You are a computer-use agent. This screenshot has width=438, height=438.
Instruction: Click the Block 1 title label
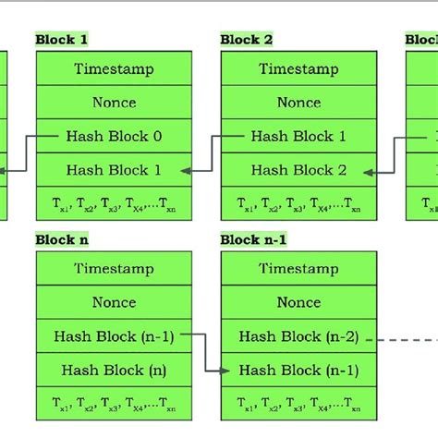(x=61, y=40)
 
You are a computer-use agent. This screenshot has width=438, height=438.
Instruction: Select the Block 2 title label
(x=246, y=40)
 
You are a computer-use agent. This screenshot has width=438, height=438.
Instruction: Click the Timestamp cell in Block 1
(x=114, y=68)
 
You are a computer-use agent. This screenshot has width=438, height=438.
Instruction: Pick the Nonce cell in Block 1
(x=114, y=103)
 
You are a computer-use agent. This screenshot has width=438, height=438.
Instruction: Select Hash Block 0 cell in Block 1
(x=114, y=136)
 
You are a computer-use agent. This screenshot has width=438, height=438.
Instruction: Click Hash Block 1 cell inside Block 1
(x=114, y=170)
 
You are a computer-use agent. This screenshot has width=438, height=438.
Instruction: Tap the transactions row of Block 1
(x=114, y=204)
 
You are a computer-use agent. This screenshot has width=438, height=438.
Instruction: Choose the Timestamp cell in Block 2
(x=298, y=68)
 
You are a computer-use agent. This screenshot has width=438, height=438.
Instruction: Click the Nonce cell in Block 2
(x=298, y=103)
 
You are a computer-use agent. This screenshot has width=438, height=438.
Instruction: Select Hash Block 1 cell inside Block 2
(x=298, y=136)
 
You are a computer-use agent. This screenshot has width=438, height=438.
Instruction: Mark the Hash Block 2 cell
(x=298, y=170)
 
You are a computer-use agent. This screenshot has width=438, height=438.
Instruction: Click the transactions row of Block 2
(x=298, y=204)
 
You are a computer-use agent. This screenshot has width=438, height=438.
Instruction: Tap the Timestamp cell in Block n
(x=114, y=269)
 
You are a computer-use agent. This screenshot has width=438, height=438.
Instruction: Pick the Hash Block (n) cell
(x=114, y=370)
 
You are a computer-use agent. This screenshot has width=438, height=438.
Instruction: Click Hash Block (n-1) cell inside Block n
(x=114, y=336)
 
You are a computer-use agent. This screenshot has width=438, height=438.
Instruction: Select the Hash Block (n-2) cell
(x=298, y=336)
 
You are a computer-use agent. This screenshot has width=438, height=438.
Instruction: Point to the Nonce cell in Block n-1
(x=298, y=302)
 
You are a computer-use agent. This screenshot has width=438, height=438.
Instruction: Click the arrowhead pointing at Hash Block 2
(x=370, y=171)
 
